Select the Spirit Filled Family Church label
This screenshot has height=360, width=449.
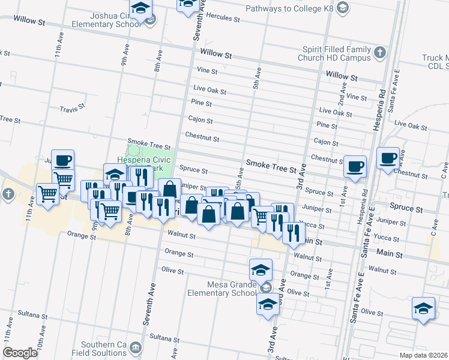(x=334, y=53)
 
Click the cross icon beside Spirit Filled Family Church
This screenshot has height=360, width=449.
(x=379, y=53)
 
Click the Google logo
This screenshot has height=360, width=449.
(x=20, y=353)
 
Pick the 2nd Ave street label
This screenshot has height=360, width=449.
(x=342, y=88)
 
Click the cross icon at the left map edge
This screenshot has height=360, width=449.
(x=8, y=194)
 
